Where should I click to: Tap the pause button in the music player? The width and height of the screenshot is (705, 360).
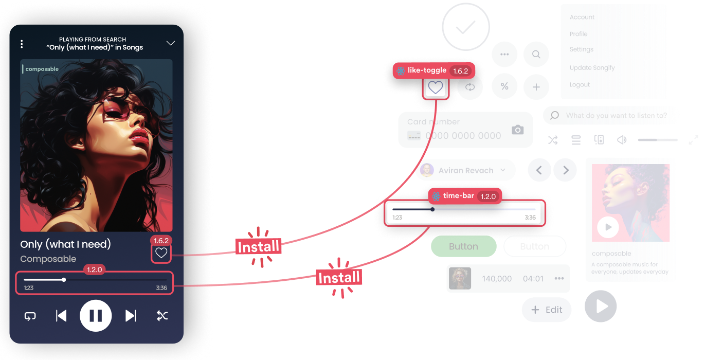[96, 316]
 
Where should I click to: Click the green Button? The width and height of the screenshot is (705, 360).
[463, 246]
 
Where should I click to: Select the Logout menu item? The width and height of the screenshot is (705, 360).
[580, 85]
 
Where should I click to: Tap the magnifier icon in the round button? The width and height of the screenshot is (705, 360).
[536, 55]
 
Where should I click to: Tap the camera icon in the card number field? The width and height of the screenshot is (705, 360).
[518, 130]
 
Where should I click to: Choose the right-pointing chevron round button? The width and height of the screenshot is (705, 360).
[566, 170]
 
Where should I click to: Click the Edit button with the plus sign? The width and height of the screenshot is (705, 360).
[547, 310]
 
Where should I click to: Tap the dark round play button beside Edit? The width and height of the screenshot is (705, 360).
[601, 307]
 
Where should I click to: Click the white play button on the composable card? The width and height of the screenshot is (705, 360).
[608, 227]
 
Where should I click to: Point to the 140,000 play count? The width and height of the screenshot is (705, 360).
[497, 279]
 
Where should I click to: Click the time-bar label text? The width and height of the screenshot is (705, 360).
[458, 196]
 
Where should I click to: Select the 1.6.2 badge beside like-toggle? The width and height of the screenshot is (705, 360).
[460, 71]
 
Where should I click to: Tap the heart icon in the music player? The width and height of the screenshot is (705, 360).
[161, 253]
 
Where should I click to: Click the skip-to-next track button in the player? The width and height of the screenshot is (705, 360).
[131, 316]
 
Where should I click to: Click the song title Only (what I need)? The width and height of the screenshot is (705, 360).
[65, 244]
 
